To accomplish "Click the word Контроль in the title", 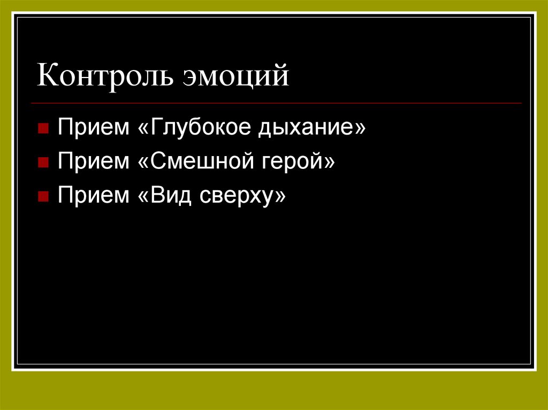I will [x=106, y=76].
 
